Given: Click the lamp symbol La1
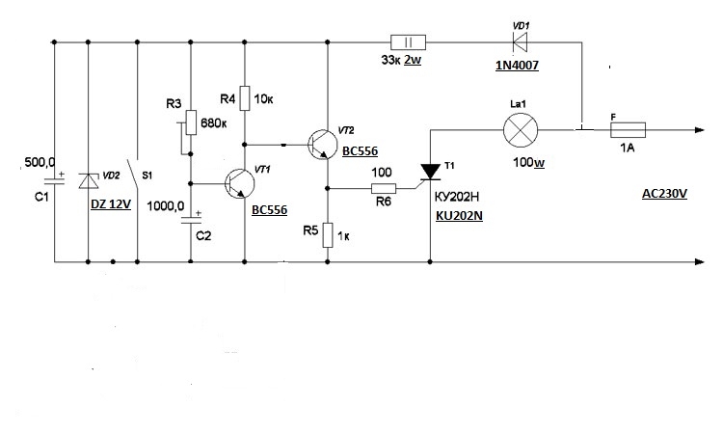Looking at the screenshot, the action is (x=521, y=130).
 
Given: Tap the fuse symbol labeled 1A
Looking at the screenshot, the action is (x=628, y=130).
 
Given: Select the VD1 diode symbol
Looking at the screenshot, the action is (x=521, y=42).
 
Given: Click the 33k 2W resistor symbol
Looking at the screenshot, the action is (x=408, y=42).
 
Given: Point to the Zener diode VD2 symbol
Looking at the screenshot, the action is (x=88, y=180).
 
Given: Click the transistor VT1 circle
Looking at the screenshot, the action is (x=240, y=184).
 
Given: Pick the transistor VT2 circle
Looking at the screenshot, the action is (x=322, y=145).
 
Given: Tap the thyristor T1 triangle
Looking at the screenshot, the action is (x=431, y=172).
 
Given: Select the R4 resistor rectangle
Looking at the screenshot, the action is (x=245, y=97).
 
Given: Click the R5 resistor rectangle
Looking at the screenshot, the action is (x=328, y=235).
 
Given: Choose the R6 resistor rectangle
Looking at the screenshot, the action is (x=384, y=188).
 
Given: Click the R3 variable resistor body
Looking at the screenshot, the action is (x=191, y=122).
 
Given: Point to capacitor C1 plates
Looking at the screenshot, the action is (x=54, y=180).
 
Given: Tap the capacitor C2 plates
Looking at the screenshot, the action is (x=191, y=220).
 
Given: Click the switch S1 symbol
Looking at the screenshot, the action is (x=134, y=176).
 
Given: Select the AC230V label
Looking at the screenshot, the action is (x=664, y=194).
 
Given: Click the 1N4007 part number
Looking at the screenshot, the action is (x=517, y=66).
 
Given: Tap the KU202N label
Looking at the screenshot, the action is (x=459, y=216).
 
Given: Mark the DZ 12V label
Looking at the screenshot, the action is (x=111, y=204).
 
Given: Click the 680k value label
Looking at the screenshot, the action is (x=213, y=123).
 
